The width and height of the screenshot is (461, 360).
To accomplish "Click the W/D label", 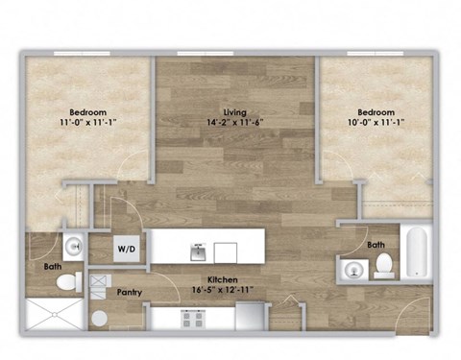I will tap(126, 248).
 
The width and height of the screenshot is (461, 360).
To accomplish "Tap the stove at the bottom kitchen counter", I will tap(193, 318).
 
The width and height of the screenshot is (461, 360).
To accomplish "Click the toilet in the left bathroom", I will tap(68, 281).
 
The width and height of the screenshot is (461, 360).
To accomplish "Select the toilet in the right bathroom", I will tap(383, 262).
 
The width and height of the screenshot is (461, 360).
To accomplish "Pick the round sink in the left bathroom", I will tap(75, 245).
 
